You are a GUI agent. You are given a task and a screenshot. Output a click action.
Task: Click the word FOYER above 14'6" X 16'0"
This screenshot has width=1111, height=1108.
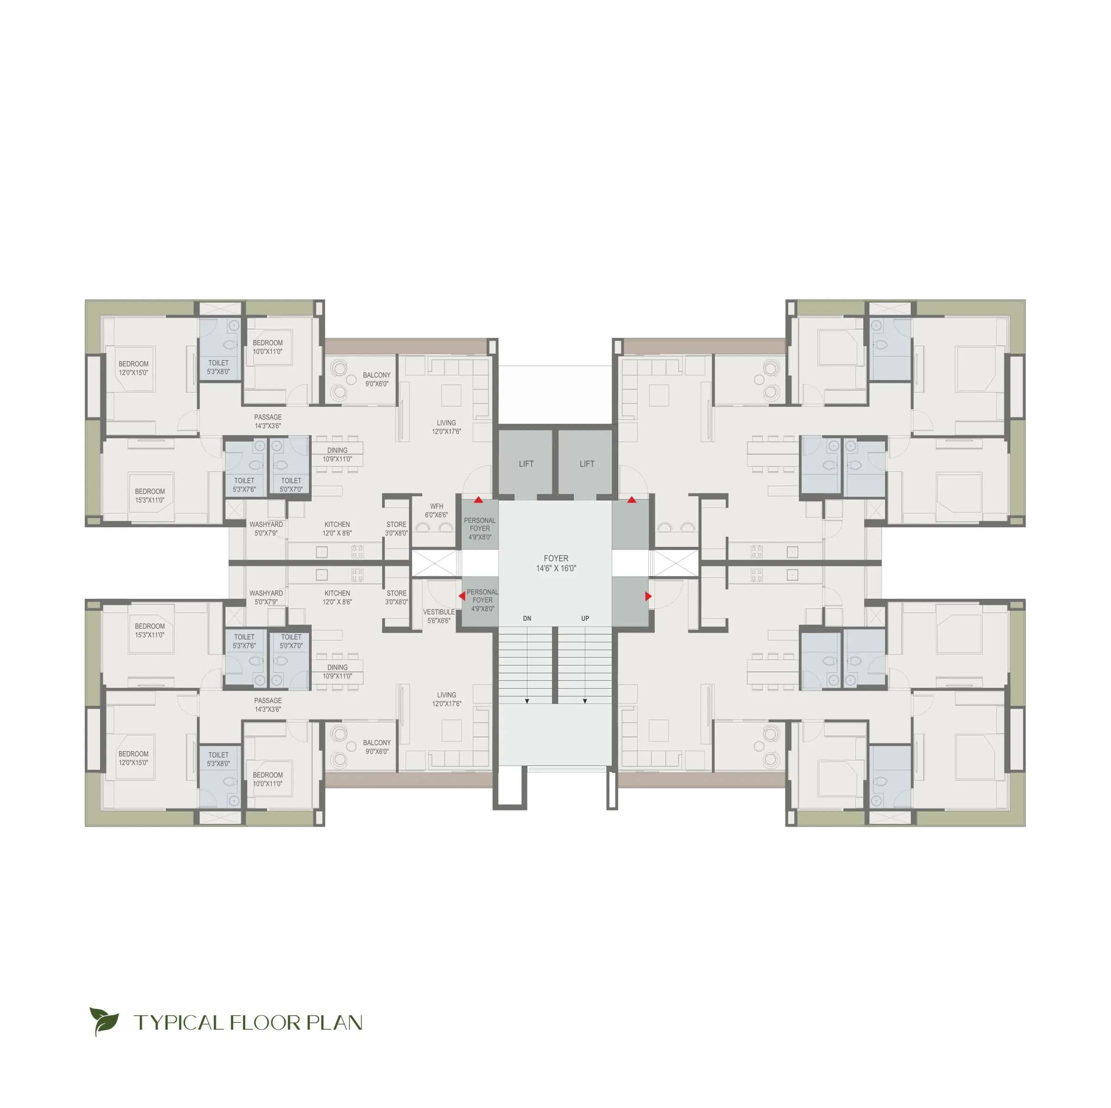556,558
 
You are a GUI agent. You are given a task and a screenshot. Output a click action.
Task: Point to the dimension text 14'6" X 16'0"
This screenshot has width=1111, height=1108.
556,568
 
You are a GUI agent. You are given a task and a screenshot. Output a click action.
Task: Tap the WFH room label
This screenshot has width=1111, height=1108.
436,506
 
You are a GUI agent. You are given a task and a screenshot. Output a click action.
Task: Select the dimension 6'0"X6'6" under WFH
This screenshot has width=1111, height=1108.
436,515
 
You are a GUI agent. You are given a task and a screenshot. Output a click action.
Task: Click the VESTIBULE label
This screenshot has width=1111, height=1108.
439,612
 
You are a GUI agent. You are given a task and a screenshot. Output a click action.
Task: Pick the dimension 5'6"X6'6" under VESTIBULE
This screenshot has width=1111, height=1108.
439,621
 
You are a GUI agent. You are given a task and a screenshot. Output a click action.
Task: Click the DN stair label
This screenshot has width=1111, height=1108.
527,619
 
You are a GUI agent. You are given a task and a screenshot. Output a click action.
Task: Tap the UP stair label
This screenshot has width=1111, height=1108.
585,619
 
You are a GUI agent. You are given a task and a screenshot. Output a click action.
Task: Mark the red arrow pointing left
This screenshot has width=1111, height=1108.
462,596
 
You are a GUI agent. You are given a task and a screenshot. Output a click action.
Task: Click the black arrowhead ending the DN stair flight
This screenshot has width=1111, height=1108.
527,701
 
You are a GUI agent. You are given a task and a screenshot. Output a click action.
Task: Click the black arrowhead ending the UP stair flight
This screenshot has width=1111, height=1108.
585,701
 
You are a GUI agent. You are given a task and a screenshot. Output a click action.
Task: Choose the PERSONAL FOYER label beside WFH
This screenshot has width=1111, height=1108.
480,524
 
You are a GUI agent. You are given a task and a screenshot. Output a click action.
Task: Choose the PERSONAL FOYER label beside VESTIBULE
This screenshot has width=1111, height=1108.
482,595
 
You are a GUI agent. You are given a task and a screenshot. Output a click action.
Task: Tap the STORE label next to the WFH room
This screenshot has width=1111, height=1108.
396,524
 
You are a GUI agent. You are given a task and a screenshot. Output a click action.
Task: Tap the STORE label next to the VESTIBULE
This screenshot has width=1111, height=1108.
396,593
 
